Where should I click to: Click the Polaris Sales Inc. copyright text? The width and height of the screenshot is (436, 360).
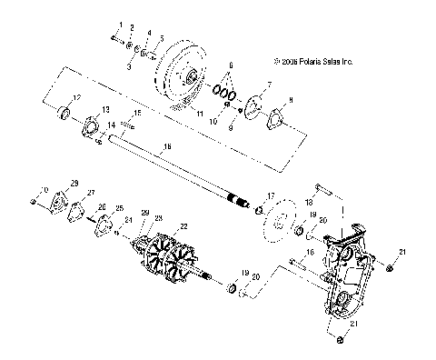(310, 63)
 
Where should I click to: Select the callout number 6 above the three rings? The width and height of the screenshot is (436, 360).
(232, 66)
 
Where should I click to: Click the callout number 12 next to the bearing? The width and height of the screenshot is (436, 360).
(77, 97)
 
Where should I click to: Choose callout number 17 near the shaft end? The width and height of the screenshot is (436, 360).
(271, 195)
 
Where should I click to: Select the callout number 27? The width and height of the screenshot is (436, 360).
(90, 194)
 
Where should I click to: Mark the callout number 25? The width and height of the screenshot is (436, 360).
(118, 208)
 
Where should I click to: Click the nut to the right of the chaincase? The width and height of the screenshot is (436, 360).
(390, 267)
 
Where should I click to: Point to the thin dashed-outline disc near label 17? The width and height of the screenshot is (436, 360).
(282, 222)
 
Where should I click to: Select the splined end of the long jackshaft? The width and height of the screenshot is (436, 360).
(240, 202)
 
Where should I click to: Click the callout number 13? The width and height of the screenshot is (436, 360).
(107, 109)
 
